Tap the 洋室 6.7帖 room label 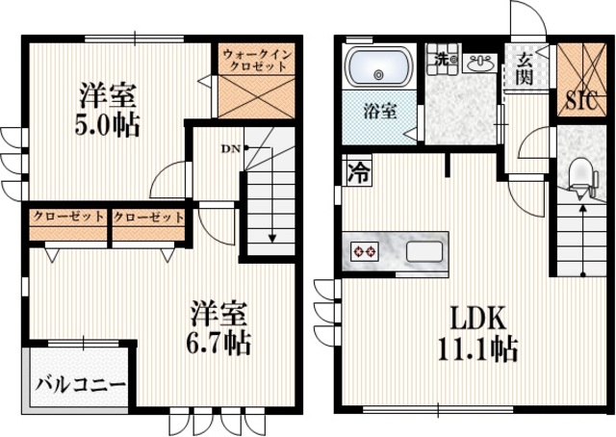click(219, 328)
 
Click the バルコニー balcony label click(81, 386)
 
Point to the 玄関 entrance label click(525, 70)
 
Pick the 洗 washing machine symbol click(442, 58)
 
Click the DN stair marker click(231, 148)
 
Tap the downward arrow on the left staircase click(272, 231)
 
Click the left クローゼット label click(68, 217)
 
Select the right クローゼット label click(148, 217)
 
